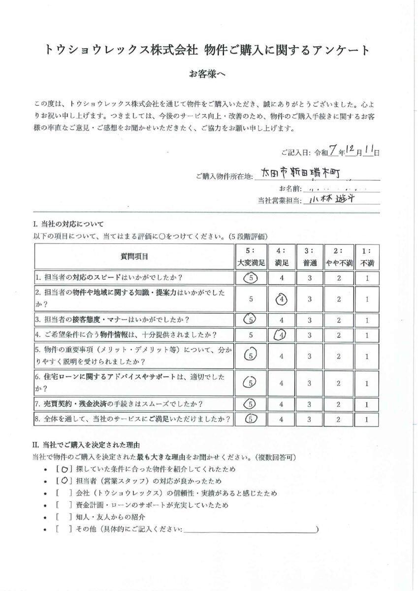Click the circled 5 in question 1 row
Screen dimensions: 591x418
point(251,278)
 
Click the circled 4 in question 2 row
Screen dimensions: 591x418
point(281,299)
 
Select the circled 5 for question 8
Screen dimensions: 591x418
point(251,420)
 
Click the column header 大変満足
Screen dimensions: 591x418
point(251,257)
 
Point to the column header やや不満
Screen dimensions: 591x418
point(339,257)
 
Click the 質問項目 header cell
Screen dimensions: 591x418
point(134,257)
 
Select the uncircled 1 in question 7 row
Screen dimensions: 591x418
point(367,404)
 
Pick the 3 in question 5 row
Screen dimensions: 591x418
point(310,356)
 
